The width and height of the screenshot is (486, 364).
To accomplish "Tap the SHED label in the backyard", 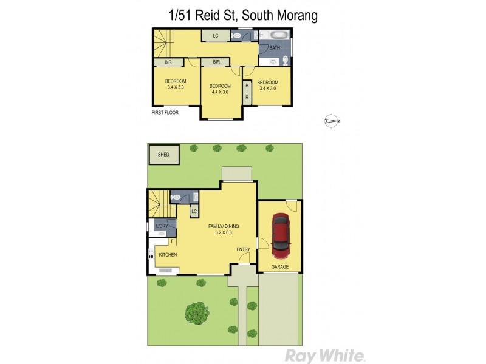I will [x=163, y=155].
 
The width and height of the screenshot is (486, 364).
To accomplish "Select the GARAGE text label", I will [x=279, y=266].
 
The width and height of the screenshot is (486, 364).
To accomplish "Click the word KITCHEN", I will [x=168, y=255].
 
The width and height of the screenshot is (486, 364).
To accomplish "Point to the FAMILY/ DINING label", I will [x=220, y=226].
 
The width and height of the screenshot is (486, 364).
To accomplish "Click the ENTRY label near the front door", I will [x=243, y=249].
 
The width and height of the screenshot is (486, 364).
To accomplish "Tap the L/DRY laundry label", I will [x=162, y=226].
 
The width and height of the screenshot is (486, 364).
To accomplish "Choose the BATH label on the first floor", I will [x=275, y=48].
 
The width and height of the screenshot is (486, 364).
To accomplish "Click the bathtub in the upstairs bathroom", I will [x=276, y=35].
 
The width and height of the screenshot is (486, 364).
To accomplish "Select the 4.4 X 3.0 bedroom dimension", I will [x=220, y=92].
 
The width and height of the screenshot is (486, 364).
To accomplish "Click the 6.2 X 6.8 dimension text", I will [x=220, y=233].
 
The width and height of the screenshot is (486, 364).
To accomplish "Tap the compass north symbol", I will [x=331, y=121].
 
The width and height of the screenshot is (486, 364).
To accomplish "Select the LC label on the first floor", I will [x=215, y=36].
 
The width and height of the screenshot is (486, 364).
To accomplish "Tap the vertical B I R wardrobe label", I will [x=247, y=93].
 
